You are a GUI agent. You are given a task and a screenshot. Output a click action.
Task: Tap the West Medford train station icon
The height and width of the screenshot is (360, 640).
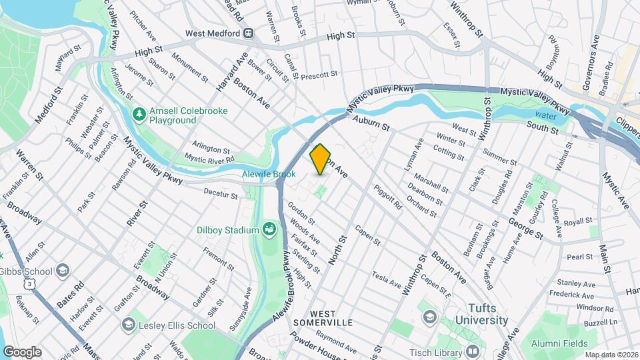[248, 33]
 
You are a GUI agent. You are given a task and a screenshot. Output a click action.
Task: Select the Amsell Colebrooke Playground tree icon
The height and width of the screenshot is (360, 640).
[139, 115]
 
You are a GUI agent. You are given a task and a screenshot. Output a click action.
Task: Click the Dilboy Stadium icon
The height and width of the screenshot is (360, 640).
[269, 230]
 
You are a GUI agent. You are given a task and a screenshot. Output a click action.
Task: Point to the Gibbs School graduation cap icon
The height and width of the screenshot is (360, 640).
[63, 270]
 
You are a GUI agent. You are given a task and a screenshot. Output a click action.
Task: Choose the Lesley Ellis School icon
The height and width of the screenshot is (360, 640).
[129, 325]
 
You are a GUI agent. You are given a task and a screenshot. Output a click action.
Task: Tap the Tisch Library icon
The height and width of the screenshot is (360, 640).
[473, 351]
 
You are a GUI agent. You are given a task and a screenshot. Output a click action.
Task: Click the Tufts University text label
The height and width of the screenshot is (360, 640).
[481, 314]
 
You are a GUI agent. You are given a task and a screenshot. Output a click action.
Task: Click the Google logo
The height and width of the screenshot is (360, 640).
[21, 351]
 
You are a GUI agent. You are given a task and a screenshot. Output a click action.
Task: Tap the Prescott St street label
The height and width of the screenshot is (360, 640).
[320, 76]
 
